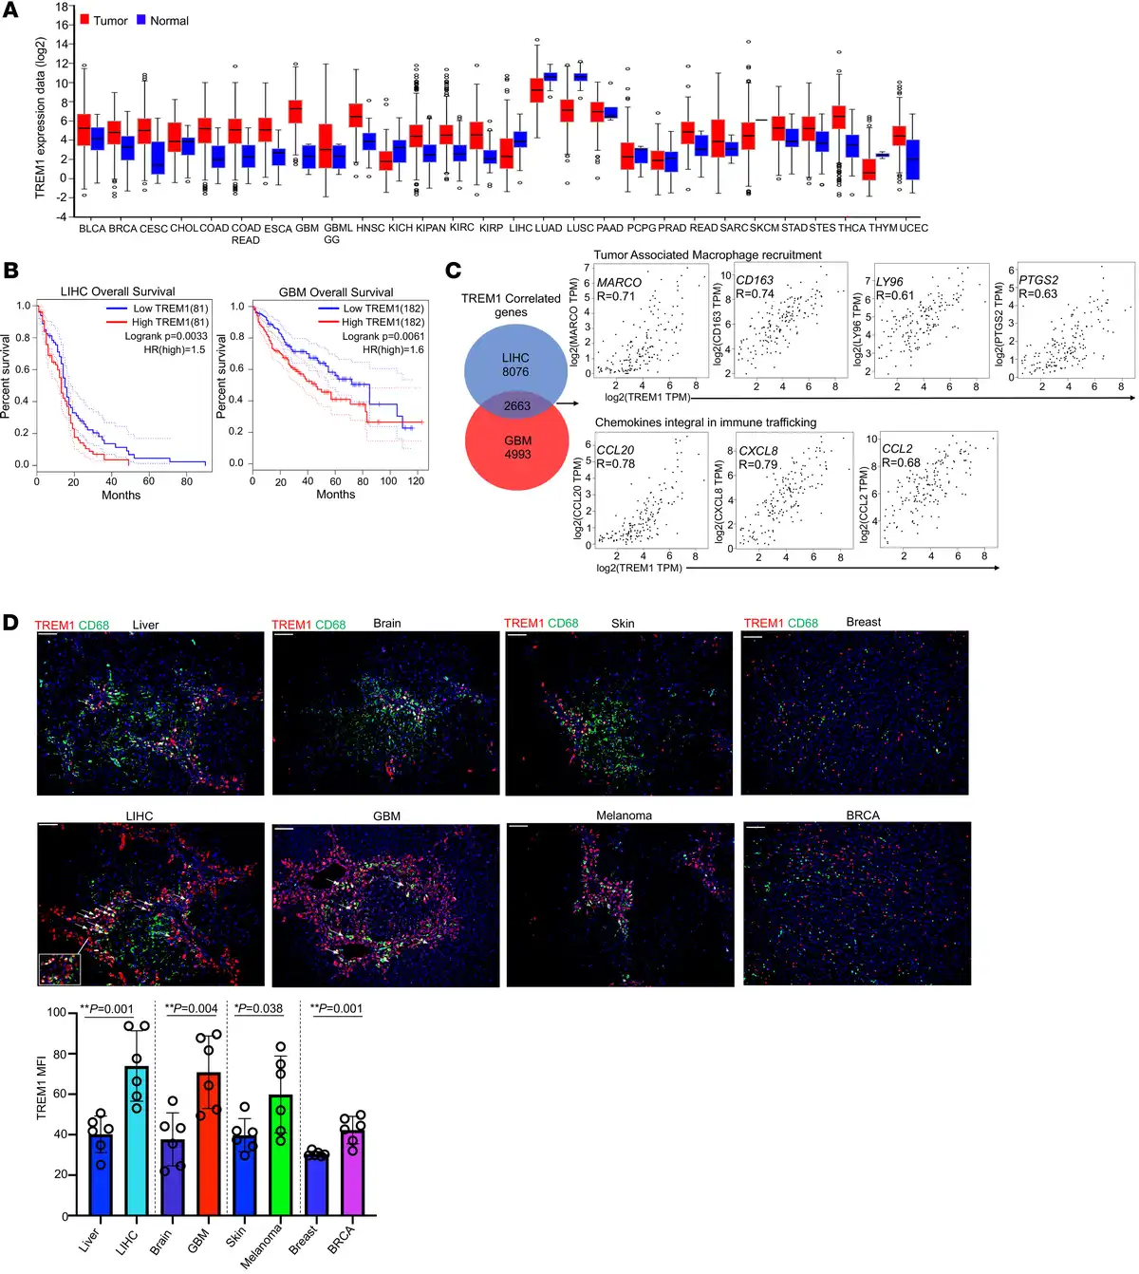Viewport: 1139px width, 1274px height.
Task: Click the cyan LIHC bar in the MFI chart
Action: (x=137, y=1139)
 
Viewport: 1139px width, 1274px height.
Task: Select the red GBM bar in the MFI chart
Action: (x=209, y=1144)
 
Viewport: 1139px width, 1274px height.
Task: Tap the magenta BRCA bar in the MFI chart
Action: (x=353, y=1171)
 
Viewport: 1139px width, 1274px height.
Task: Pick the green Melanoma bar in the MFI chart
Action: (x=280, y=1154)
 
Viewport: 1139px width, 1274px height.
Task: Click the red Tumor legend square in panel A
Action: (x=84, y=20)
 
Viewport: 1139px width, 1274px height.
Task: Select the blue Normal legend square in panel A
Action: (x=141, y=20)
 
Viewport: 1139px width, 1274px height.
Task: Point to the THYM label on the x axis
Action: (x=883, y=228)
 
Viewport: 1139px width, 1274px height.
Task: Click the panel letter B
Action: (x=11, y=271)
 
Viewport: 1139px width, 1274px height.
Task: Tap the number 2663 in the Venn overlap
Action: (x=517, y=406)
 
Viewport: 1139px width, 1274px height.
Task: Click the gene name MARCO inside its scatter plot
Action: (x=619, y=282)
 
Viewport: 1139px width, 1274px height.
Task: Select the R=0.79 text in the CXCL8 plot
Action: (x=758, y=464)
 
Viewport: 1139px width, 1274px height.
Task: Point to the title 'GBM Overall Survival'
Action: (x=336, y=292)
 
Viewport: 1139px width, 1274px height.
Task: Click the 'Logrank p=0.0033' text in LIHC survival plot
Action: (x=166, y=336)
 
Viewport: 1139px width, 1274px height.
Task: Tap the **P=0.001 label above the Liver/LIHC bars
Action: (x=106, y=1008)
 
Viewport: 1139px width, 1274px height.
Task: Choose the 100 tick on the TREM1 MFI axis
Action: (x=57, y=1013)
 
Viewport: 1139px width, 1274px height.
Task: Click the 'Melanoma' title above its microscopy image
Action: (x=624, y=815)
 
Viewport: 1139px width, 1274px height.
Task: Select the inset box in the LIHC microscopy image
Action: (x=59, y=969)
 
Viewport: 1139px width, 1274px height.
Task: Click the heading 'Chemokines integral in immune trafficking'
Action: (x=705, y=422)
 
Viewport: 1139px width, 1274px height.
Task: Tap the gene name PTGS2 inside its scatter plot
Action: (x=1038, y=280)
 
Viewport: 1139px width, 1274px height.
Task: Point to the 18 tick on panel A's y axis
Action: (x=63, y=7)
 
